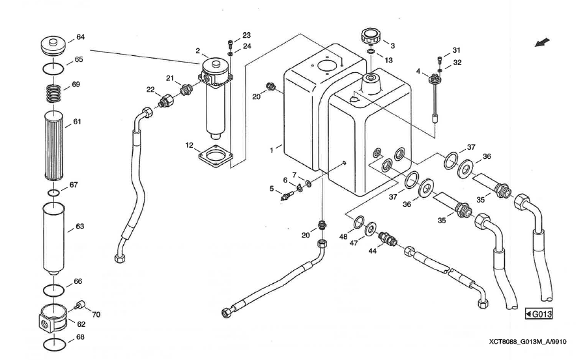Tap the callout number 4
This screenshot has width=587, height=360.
(x=419, y=72)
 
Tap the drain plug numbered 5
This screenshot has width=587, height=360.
(x=285, y=194)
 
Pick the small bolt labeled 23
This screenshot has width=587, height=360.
(x=230, y=44)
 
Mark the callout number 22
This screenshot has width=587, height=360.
(x=150, y=90)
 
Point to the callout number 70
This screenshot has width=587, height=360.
(x=96, y=314)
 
